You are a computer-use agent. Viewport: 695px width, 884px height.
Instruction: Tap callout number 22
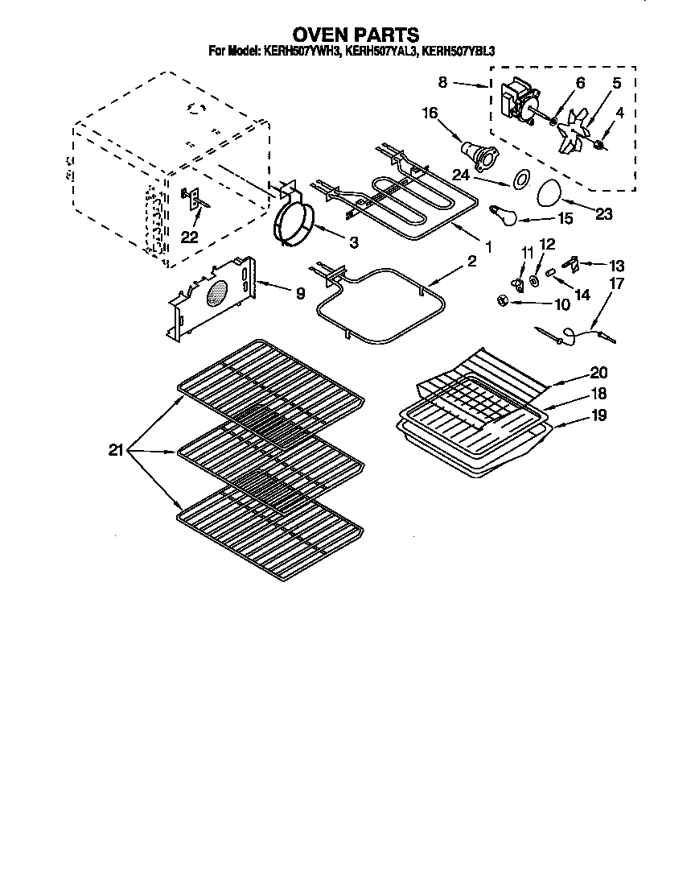coord(189,236)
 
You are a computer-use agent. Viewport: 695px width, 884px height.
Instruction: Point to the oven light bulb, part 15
coord(504,213)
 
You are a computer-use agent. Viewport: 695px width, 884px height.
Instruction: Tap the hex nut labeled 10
coord(500,300)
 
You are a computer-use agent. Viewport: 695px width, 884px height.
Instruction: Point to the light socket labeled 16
coord(476,153)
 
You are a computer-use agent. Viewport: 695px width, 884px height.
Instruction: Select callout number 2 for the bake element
coord(471,261)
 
